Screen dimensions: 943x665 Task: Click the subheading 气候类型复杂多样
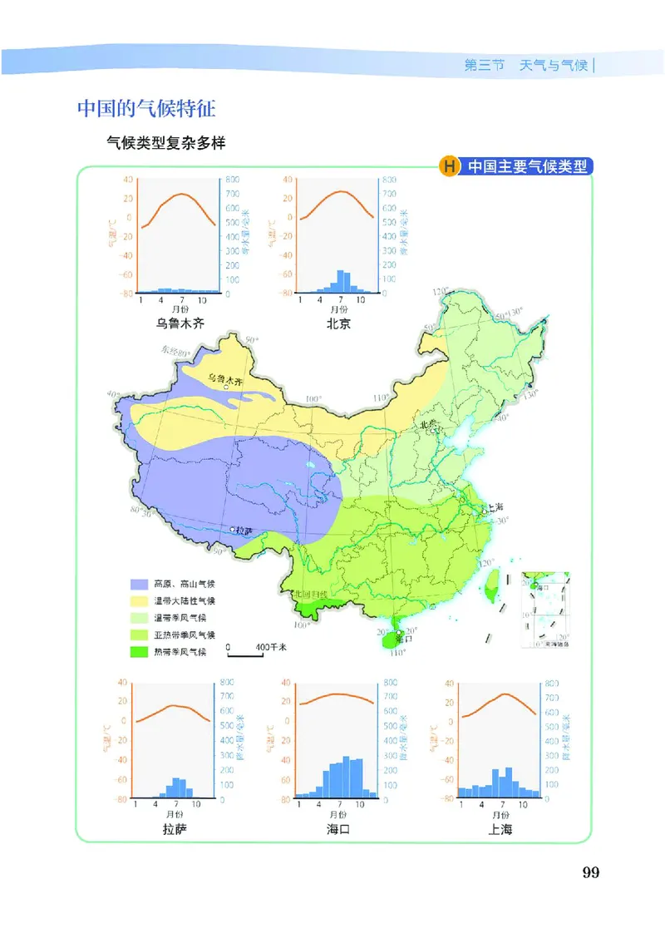point(166,142)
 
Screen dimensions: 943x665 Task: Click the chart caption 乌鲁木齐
point(180,323)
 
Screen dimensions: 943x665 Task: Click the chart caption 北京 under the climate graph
point(338,323)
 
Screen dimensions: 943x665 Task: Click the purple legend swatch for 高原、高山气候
point(140,584)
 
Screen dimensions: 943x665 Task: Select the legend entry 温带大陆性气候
point(185,600)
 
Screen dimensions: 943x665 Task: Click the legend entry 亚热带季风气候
point(185,634)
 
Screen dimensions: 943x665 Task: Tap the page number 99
point(591,872)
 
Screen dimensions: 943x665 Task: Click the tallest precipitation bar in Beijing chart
point(339,282)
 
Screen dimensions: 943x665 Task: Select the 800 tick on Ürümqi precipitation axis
point(232,180)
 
